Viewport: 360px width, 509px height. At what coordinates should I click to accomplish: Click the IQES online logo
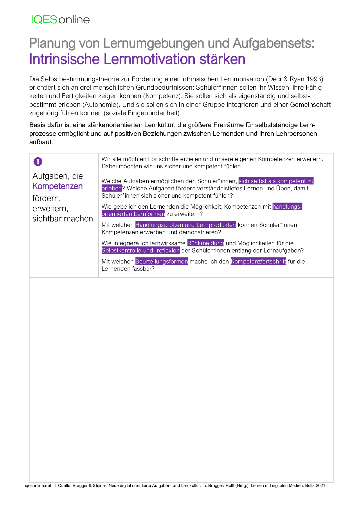pyautogui.click(x=60, y=19)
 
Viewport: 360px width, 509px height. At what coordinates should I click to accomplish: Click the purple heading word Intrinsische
pyautogui.click(x=64, y=59)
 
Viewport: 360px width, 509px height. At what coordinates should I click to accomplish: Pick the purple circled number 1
pyautogui.click(x=38, y=162)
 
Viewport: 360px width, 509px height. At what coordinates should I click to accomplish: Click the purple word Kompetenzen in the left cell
pyautogui.click(x=57, y=186)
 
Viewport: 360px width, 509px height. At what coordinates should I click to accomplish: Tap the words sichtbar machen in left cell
pyautogui.click(x=63, y=219)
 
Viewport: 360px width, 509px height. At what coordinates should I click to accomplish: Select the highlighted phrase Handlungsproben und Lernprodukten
pyautogui.click(x=186, y=225)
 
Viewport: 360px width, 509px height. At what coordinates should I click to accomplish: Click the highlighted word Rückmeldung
pyautogui.click(x=206, y=243)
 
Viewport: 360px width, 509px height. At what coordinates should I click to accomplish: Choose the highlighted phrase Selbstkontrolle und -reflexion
pyautogui.click(x=141, y=250)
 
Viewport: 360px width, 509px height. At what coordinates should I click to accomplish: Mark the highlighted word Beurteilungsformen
pyautogui.click(x=161, y=261)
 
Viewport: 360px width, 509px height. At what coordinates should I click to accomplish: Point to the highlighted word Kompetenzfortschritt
pyautogui.click(x=258, y=261)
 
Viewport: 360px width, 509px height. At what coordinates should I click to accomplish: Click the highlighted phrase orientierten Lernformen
pyautogui.click(x=133, y=214)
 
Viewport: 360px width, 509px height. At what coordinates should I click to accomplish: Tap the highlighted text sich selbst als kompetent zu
pyautogui.click(x=276, y=181)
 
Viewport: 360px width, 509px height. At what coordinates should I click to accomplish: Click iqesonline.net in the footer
pyautogui.click(x=38, y=485)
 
